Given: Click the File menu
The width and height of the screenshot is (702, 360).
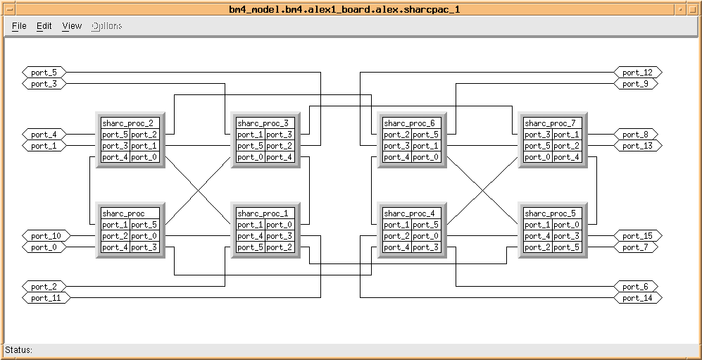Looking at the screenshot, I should [x=19, y=26].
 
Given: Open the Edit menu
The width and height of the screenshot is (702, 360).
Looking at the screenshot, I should [x=44, y=26].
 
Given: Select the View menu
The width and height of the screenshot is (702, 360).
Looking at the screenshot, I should [x=72, y=26].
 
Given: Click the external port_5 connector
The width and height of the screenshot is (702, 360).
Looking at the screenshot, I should [x=44, y=73].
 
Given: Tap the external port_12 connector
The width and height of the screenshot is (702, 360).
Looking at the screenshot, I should [x=638, y=73].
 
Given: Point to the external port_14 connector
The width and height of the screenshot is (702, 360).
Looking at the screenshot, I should [x=638, y=298].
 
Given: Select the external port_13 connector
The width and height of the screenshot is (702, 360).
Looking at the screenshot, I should [x=638, y=146].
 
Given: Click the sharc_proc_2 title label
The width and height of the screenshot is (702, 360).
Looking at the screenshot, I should [x=127, y=123].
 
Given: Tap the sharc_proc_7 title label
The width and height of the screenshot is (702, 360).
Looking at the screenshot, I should [x=550, y=123].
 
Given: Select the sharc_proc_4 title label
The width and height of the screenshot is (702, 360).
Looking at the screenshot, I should [x=409, y=213].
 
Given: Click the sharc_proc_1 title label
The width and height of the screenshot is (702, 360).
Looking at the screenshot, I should [x=263, y=213].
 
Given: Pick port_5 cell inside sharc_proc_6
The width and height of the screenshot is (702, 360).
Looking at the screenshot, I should [x=426, y=135].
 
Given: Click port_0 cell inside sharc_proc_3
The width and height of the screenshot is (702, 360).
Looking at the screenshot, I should [x=250, y=157].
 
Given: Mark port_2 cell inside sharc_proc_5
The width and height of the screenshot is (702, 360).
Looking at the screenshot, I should [x=537, y=247].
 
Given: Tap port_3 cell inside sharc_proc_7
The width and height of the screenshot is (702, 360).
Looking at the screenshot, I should [x=537, y=135].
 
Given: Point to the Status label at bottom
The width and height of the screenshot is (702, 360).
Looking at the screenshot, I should [x=19, y=350].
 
